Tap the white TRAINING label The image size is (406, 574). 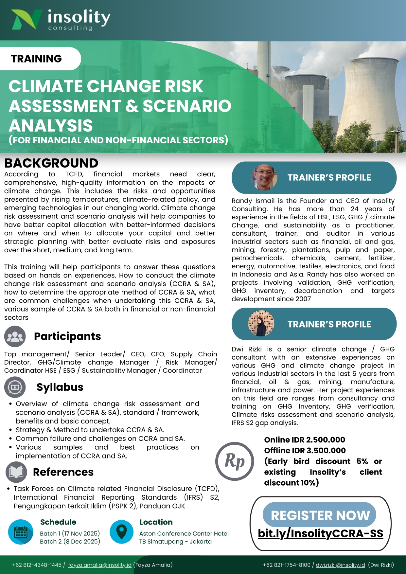36,59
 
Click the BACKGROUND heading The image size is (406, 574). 51,163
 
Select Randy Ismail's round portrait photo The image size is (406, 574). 264,177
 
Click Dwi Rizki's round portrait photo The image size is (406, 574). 261,323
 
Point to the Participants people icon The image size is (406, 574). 15,336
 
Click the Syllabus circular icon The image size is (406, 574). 15,387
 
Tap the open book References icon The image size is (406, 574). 16,472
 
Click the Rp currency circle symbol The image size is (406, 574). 235,461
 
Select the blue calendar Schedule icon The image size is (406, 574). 21,532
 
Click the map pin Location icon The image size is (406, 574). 121,532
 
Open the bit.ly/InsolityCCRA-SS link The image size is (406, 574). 320,533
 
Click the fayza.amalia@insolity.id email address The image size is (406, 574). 100,565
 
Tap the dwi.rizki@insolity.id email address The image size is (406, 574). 340,565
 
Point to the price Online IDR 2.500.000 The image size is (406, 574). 305,440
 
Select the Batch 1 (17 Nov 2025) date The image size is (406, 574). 70,533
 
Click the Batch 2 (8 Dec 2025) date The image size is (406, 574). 70,542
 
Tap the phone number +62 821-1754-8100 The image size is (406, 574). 287,565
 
